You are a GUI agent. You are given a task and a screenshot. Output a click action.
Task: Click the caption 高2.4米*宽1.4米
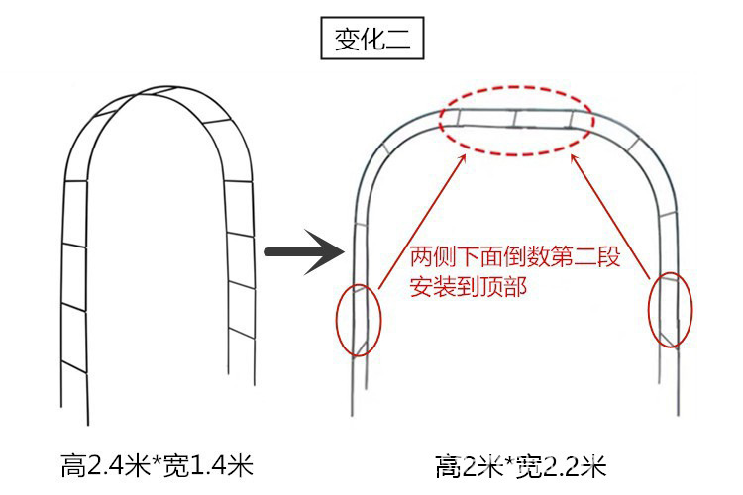point(159,464)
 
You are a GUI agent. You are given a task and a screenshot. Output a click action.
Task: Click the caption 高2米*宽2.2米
point(521,464)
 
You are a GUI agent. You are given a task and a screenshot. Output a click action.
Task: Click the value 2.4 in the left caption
point(109,464)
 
